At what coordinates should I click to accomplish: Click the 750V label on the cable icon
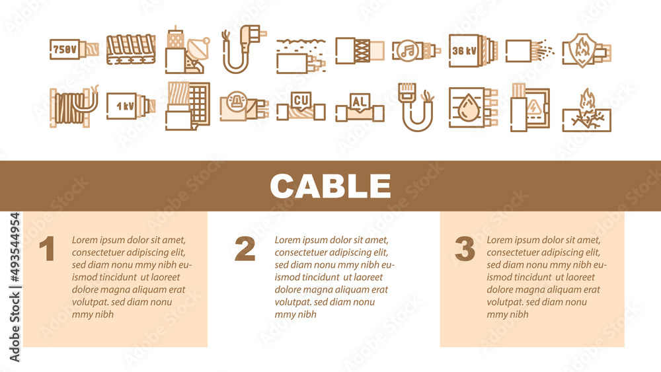[65, 49]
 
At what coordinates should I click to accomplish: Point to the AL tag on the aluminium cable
[360, 102]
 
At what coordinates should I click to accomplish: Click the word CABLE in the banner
[330, 186]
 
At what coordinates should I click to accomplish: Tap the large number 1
[46, 249]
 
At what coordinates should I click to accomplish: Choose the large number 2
[245, 249]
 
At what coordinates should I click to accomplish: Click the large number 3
[465, 249]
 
